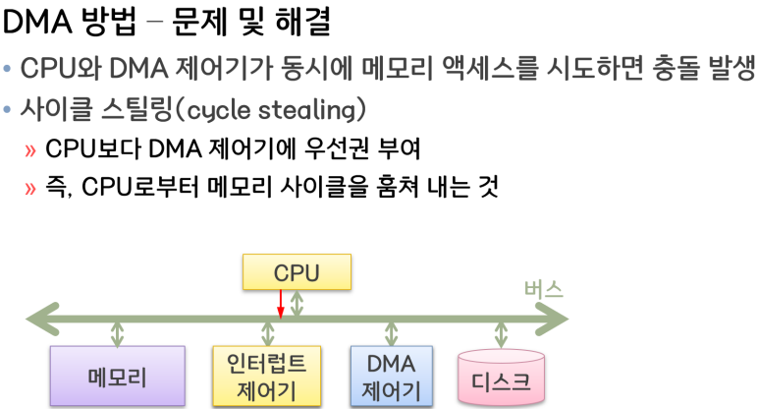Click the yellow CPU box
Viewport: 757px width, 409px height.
pos(296,272)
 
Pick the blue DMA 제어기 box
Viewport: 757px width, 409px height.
pos(391,376)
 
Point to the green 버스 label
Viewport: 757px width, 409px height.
pos(542,290)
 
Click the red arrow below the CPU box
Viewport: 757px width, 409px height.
pos(280,304)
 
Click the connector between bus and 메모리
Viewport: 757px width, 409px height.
pos(118,332)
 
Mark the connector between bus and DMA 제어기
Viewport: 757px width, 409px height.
pos(392,332)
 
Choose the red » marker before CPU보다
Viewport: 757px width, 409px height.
pos(33,150)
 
